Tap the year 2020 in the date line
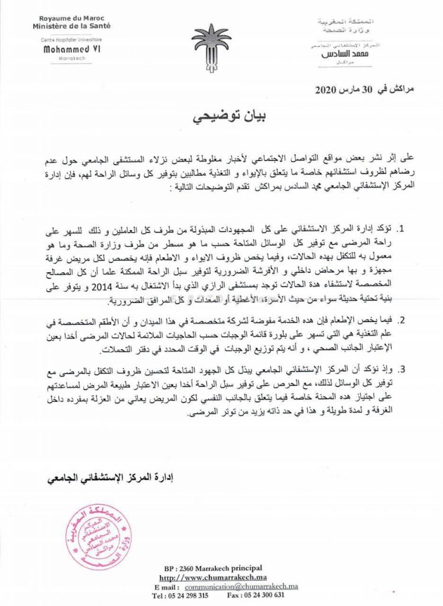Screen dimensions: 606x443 tap(325, 90)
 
